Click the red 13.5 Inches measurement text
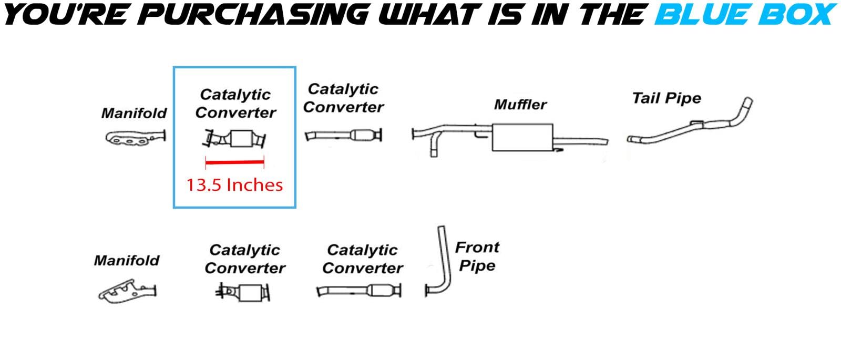click(x=234, y=185)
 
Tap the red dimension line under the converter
click(x=234, y=163)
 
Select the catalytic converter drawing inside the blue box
click(x=235, y=140)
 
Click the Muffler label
click(x=520, y=105)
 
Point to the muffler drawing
click(x=522, y=138)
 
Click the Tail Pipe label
click(x=666, y=98)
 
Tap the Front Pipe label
click(x=477, y=256)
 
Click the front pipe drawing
click(x=437, y=263)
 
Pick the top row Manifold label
click(x=134, y=113)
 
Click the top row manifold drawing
click(x=135, y=138)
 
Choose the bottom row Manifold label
click(x=126, y=260)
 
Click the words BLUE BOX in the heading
click(x=744, y=14)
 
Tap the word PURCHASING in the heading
click(x=255, y=14)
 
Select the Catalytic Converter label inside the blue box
click(x=235, y=104)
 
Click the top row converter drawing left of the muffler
click(x=344, y=135)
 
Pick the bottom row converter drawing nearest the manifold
click(x=243, y=292)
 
